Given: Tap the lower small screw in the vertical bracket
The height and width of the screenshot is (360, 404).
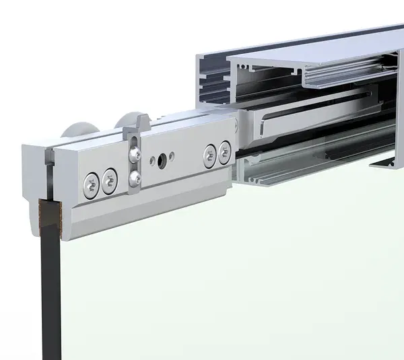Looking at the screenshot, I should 135,178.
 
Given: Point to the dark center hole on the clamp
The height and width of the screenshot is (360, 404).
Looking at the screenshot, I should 162,161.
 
